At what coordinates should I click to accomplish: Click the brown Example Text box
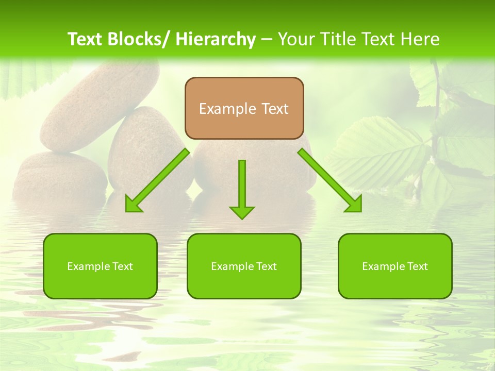(244, 108)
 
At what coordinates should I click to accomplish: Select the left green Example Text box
(100, 266)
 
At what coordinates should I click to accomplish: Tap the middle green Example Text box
(244, 266)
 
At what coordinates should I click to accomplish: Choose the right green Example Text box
(395, 266)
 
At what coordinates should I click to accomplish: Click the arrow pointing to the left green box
(157, 180)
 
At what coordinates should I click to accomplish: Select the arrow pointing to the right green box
(330, 180)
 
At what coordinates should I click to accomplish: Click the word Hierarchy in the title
(216, 39)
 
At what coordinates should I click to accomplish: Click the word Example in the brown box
(227, 109)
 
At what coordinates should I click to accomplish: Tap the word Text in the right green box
(417, 266)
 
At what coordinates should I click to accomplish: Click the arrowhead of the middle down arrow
(242, 212)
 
